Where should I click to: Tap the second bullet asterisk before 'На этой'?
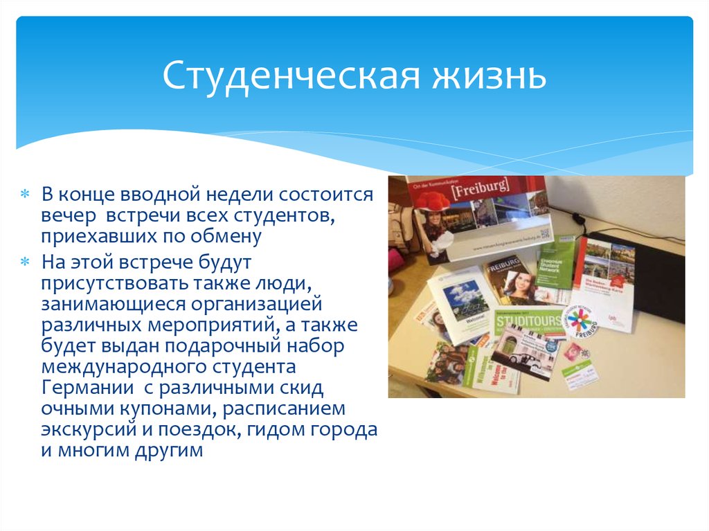tap(24, 261)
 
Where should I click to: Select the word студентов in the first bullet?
tap(291, 215)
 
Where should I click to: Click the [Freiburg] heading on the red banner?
tap(480, 187)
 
